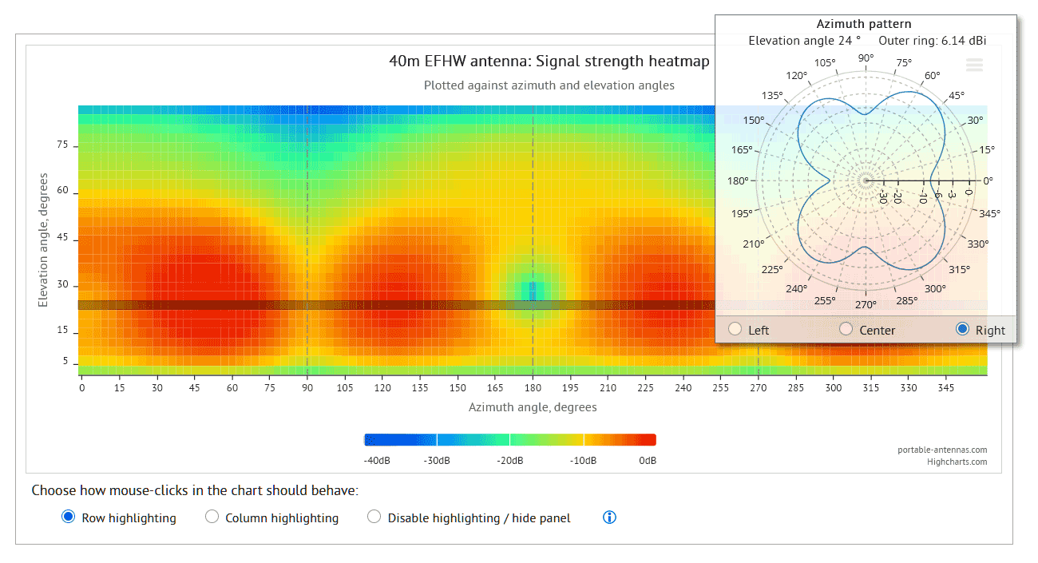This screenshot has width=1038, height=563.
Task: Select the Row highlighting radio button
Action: point(69,517)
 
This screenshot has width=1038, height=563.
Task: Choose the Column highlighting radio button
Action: point(212,517)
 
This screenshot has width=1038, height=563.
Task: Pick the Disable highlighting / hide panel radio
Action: point(374,517)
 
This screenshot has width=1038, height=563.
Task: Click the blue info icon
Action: point(609,517)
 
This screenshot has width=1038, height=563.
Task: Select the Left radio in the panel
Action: point(735,329)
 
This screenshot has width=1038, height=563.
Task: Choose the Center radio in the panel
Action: point(846,329)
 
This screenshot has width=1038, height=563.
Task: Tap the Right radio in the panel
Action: point(962,329)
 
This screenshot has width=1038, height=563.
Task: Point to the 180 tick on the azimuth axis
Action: point(533,388)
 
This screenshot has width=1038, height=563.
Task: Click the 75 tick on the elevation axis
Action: point(62,145)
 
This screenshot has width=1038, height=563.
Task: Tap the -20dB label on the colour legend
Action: point(510,461)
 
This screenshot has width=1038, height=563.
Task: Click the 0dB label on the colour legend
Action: point(648,461)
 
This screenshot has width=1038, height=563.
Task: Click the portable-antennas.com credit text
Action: point(942,450)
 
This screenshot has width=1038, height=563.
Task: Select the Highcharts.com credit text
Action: point(957,462)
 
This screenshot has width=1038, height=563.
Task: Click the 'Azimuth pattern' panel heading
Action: point(864,24)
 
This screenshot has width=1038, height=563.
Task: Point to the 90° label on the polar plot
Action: point(866,57)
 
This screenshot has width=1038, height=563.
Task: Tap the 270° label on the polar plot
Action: point(866,304)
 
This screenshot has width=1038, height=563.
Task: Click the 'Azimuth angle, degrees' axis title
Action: point(533,407)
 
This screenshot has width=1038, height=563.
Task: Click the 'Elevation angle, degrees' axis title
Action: point(42,240)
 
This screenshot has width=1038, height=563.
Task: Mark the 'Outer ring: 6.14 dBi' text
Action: point(932,40)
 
